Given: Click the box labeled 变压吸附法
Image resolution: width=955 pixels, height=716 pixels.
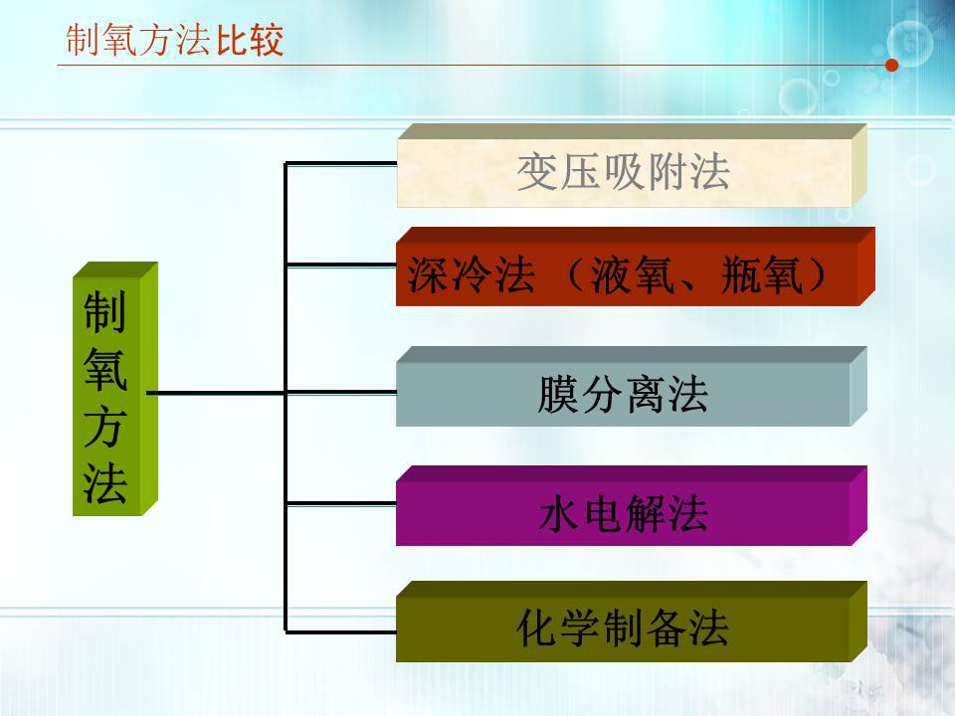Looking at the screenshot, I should click(x=624, y=172).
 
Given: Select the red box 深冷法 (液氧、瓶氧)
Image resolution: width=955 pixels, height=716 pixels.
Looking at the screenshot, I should click(x=624, y=275).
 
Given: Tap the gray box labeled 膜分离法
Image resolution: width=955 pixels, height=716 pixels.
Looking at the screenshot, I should click(x=624, y=395).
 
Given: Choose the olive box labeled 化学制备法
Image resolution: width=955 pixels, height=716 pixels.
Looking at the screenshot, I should click(x=624, y=629).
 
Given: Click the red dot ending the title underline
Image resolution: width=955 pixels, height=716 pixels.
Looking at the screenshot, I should click(x=891, y=66).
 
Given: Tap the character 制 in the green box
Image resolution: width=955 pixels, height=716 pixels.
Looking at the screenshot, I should click(x=105, y=313).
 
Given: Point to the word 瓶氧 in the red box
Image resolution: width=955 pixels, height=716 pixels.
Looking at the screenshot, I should click(x=763, y=276).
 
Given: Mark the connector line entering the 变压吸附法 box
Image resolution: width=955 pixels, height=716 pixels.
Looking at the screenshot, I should click(x=340, y=163).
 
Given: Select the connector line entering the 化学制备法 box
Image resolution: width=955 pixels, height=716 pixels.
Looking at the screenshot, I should click(x=340, y=630).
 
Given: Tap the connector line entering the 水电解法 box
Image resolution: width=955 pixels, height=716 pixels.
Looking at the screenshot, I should click(x=340, y=503).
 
